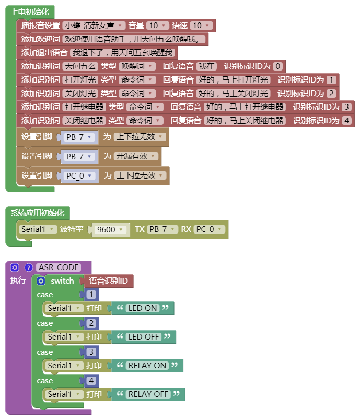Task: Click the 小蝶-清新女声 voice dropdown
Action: pyautogui.click(x=94, y=25)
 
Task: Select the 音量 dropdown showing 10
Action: pyautogui.click(x=158, y=25)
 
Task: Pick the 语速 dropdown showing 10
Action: pyautogui.click(x=201, y=25)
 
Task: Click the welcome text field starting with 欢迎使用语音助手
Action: pyautogui.click(x=134, y=39)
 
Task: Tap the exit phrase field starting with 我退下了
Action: pyautogui.click(x=122, y=52)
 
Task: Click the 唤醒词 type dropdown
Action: pyautogui.click(x=137, y=66)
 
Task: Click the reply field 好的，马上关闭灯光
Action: pyautogui.click(x=233, y=93)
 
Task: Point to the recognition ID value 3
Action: pyautogui.click(x=346, y=107)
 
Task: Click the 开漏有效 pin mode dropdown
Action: pyautogui.click(x=136, y=156)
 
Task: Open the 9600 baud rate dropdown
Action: pyautogui.click(x=110, y=229)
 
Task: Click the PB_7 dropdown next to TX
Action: pyautogui.click(x=162, y=229)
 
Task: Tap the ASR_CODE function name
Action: pyautogui.click(x=59, y=267)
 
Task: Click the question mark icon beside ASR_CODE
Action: pyautogui.click(x=28, y=267)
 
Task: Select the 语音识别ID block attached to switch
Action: pyautogui.click(x=108, y=281)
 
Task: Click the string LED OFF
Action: pyautogui.click(x=144, y=337)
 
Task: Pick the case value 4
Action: pyautogui.click(x=91, y=381)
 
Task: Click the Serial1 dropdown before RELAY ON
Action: pyautogui.click(x=63, y=366)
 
